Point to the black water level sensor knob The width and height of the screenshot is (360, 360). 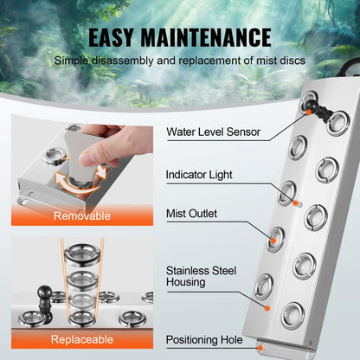(x=319, y=113)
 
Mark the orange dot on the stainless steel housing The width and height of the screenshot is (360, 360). (x=267, y=304)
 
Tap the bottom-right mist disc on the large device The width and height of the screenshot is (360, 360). (x=293, y=314)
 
